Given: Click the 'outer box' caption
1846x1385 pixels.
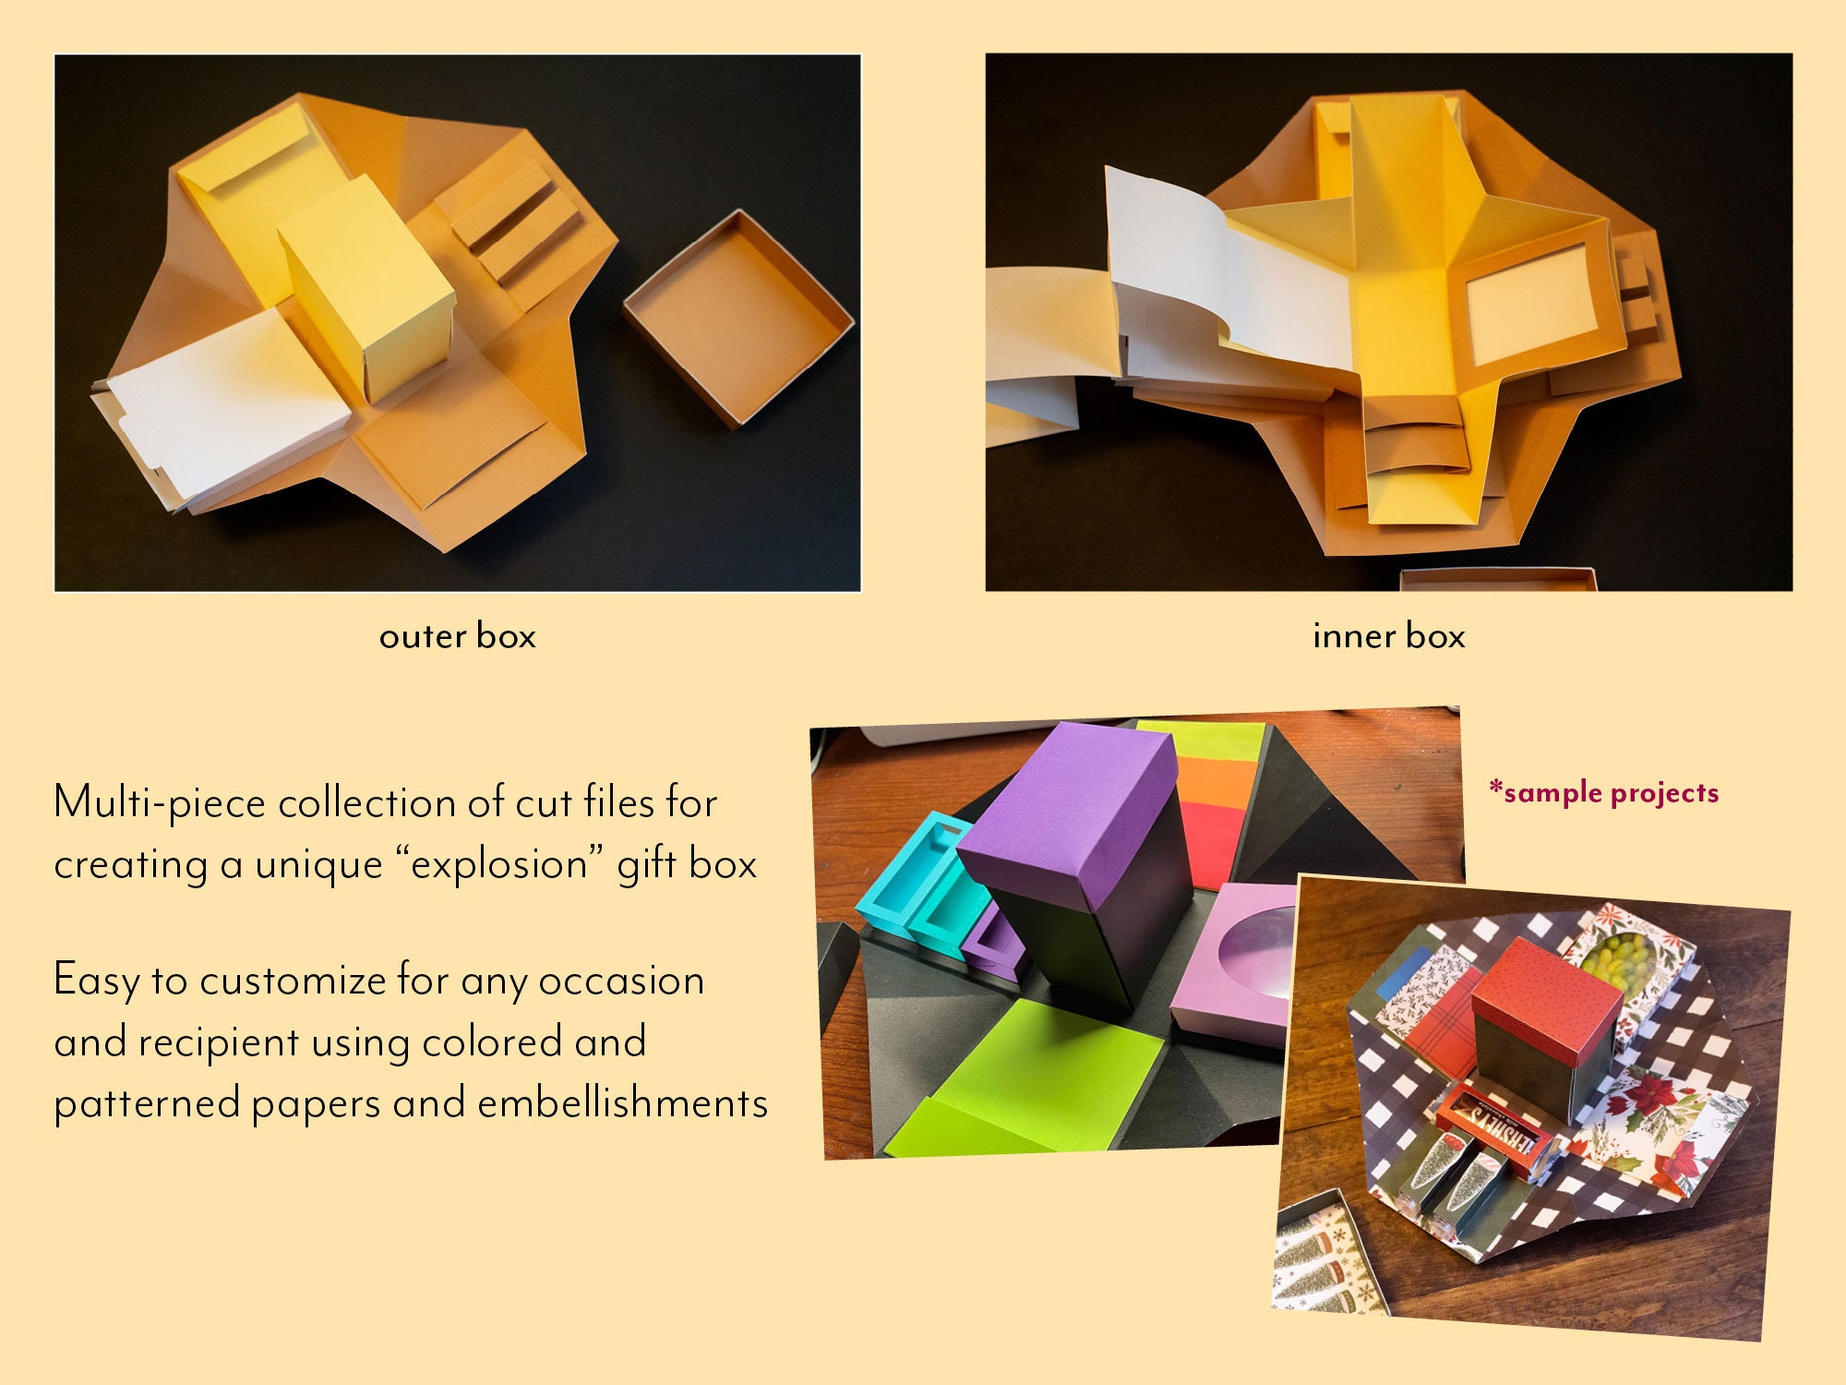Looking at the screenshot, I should pyautogui.click(x=457, y=636).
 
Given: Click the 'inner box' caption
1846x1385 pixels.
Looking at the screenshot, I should pyautogui.click(x=1388, y=636).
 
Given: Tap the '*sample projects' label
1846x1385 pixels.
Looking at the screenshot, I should pyautogui.click(x=1604, y=792).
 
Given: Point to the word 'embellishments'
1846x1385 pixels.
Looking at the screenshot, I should pyautogui.click(x=622, y=1103).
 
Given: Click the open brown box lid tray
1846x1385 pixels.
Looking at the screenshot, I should pyautogui.click(x=738, y=319).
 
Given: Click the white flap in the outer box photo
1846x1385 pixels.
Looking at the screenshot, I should pyautogui.click(x=231, y=406).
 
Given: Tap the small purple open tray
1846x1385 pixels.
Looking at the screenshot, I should pyautogui.click(x=995, y=946).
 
